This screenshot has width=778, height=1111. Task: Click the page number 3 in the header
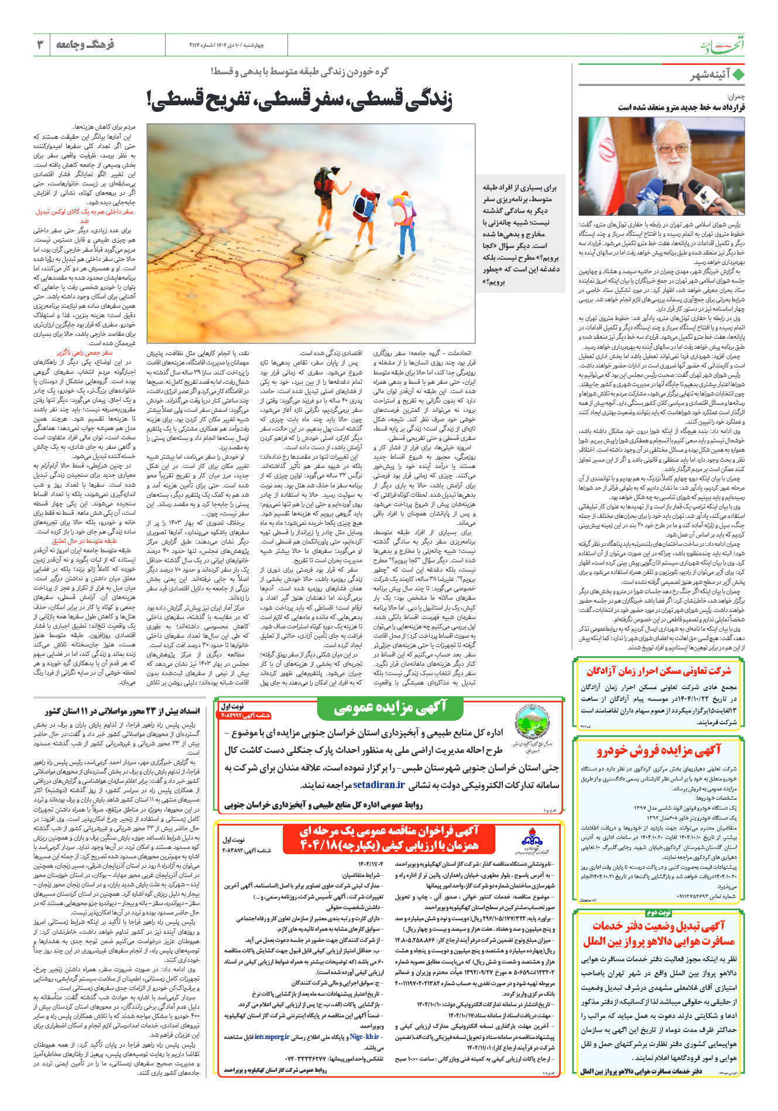point(40,44)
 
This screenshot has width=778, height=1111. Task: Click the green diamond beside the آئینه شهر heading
point(738,75)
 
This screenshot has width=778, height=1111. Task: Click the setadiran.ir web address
point(379,785)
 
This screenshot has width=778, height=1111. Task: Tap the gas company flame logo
point(532,837)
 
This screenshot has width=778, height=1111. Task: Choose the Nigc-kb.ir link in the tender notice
point(364,1037)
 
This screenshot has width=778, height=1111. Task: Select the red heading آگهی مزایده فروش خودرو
point(659,751)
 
